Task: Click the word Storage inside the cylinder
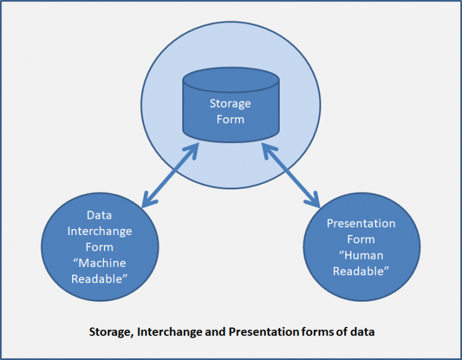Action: coord(230,103)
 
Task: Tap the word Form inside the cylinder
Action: coord(230,119)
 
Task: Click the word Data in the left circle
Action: coord(99,215)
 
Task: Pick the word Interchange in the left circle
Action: coord(99,231)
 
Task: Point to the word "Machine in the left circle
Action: coord(99,263)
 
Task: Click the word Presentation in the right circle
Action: coord(361,224)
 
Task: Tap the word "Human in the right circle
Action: coord(361,255)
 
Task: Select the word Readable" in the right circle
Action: coord(361,270)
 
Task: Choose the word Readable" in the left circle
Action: coord(99,279)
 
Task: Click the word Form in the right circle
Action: coord(361,239)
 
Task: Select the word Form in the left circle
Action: coord(99,247)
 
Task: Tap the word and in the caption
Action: coord(217,332)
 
